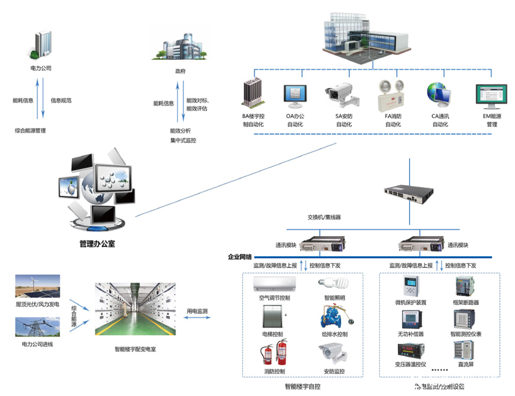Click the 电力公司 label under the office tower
(x=41, y=68)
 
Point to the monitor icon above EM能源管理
(x=491, y=97)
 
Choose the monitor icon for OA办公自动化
(x=295, y=97)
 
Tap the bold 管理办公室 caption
(x=97, y=244)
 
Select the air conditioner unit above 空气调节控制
(x=275, y=284)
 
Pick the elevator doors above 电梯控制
(x=273, y=316)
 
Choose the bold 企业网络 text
(x=240, y=256)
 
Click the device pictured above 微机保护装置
(x=410, y=287)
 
